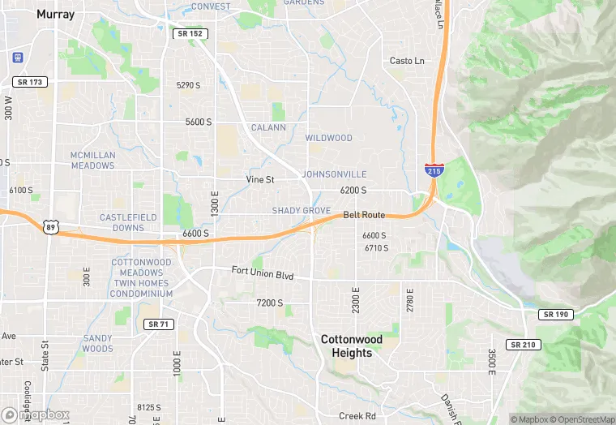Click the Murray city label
(x=55, y=14)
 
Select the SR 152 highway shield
(x=190, y=33)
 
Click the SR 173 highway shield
(x=31, y=82)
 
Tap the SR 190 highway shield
(x=556, y=314)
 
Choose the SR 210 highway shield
(x=524, y=345)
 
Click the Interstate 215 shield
(x=434, y=170)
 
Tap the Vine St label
(x=260, y=179)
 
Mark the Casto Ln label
(x=407, y=61)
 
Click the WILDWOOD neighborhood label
(x=328, y=138)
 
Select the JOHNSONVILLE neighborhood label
(x=334, y=174)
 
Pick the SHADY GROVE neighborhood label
(x=301, y=211)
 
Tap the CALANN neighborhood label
(x=268, y=127)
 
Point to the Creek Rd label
(x=357, y=415)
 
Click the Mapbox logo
(x=36, y=414)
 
